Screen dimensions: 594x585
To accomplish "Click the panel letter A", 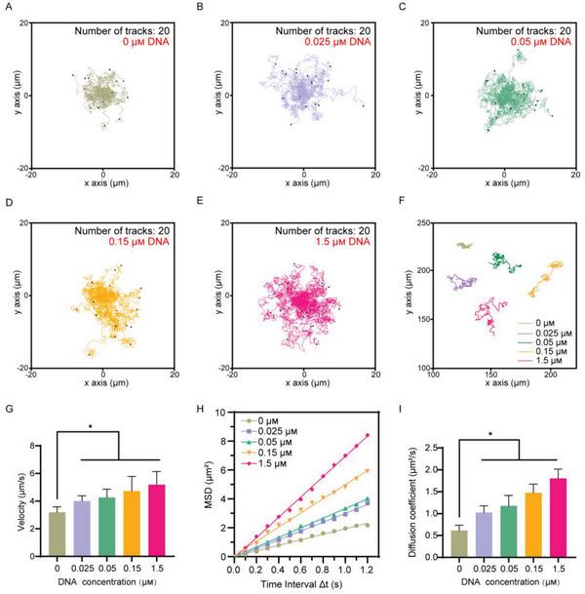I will [10, 9].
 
